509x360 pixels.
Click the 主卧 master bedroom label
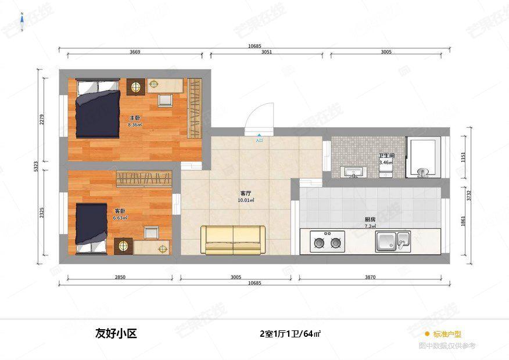tap(134, 118)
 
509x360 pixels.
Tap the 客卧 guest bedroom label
tap(120, 211)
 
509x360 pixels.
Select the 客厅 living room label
tap(245, 194)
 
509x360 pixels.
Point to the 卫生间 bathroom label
tap(386, 156)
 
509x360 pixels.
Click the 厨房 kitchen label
tap(370, 219)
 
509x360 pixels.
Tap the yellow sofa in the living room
tap(233, 240)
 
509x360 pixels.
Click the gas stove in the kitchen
tap(327, 242)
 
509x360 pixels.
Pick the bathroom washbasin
tap(353, 172)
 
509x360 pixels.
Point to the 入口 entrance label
tap(259, 140)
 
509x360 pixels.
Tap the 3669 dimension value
tap(135, 52)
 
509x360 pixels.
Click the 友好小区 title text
tap(116, 334)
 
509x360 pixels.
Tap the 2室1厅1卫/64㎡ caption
tap(291, 334)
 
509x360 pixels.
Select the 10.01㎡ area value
tap(245, 200)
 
